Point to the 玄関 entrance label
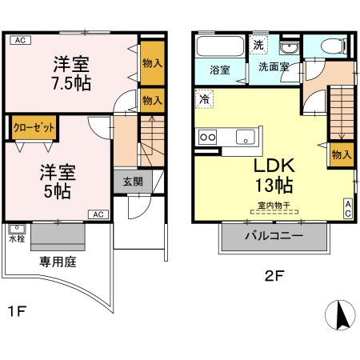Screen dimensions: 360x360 [132, 182]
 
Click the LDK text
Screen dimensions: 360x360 [275, 167]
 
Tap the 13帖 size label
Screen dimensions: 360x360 [275, 187]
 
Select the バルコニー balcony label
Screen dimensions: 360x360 [274, 237]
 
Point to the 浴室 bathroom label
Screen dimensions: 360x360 [220, 70]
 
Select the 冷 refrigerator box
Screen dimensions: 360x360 [205, 101]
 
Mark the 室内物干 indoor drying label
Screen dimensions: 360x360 [274, 210]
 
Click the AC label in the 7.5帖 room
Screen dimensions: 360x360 [22, 40]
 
